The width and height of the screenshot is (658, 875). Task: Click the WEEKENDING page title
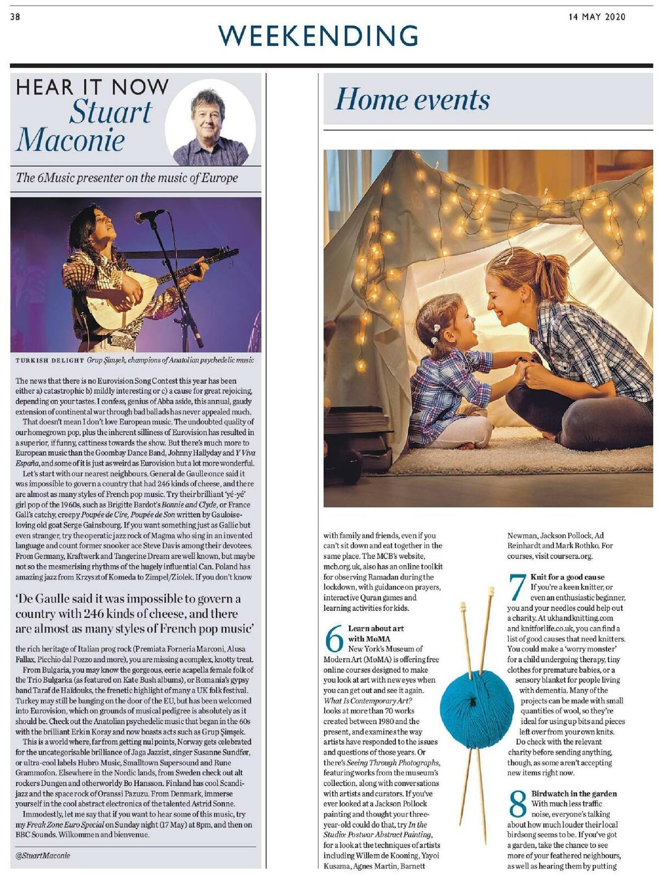(x=318, y=36)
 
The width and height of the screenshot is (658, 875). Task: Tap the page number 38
(x=15, y=17)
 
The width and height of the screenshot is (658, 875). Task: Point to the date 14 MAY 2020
(x=597, y=17)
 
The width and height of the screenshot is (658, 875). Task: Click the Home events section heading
(x=412, y=99)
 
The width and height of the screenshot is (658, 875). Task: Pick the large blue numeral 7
(x=517, y=587)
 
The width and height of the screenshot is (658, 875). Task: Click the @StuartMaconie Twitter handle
(x=43, y=855)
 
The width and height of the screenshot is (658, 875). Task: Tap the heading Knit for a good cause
(x=568, y=577)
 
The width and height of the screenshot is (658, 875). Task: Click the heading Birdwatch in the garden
(x=574, y=793)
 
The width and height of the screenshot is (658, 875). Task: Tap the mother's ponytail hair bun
(x=549, y=273)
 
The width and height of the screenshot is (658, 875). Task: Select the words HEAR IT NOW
(x=92, y=87)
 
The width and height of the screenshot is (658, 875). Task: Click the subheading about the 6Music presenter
(x=127, y=178)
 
